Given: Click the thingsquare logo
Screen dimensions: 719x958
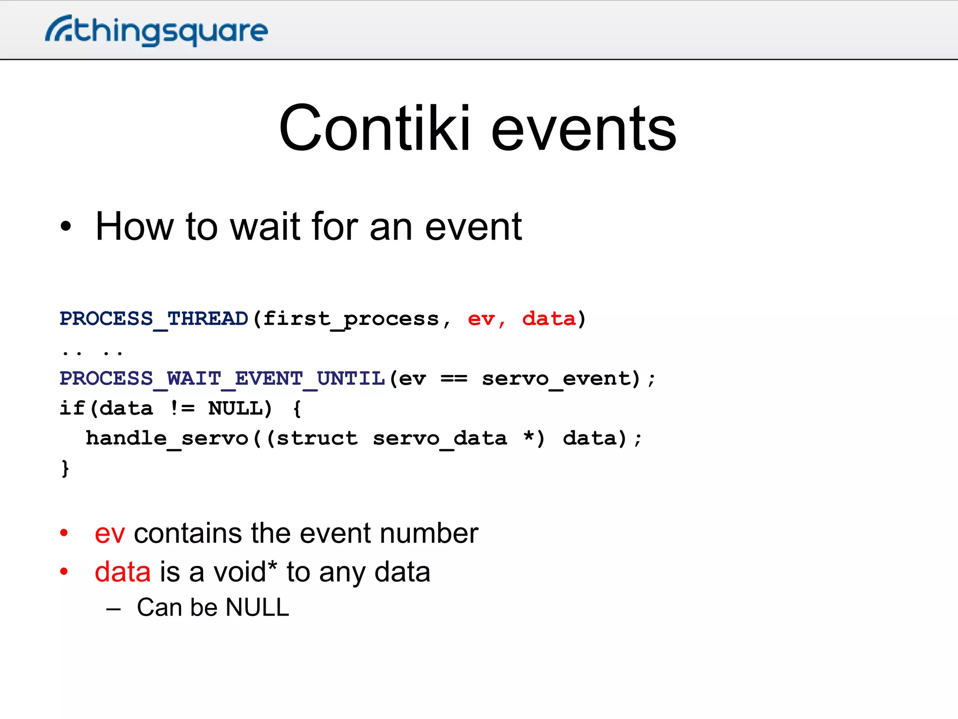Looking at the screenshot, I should [157, 31].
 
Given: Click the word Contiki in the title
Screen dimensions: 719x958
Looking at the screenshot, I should [374, 129].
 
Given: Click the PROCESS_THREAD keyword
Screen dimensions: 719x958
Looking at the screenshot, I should [153, 319].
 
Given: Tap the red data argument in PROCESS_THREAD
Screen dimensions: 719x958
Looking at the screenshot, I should [549, 319].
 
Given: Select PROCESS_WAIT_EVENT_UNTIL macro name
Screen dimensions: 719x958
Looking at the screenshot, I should [222, 379].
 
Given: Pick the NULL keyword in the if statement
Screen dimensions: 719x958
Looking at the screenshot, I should [235, 409].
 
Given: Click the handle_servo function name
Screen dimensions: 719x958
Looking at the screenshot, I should [167, 439].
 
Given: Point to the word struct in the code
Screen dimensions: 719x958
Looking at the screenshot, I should [317, 439].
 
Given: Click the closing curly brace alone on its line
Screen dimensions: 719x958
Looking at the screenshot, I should [65, 469].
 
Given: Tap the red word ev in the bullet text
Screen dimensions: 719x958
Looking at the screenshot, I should [109, 534].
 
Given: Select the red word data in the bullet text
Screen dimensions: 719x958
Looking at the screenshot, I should [123, 572].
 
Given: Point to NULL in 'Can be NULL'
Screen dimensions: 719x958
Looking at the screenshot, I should [257, 608].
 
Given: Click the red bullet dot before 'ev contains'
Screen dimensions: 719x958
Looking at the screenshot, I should [64, 533].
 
